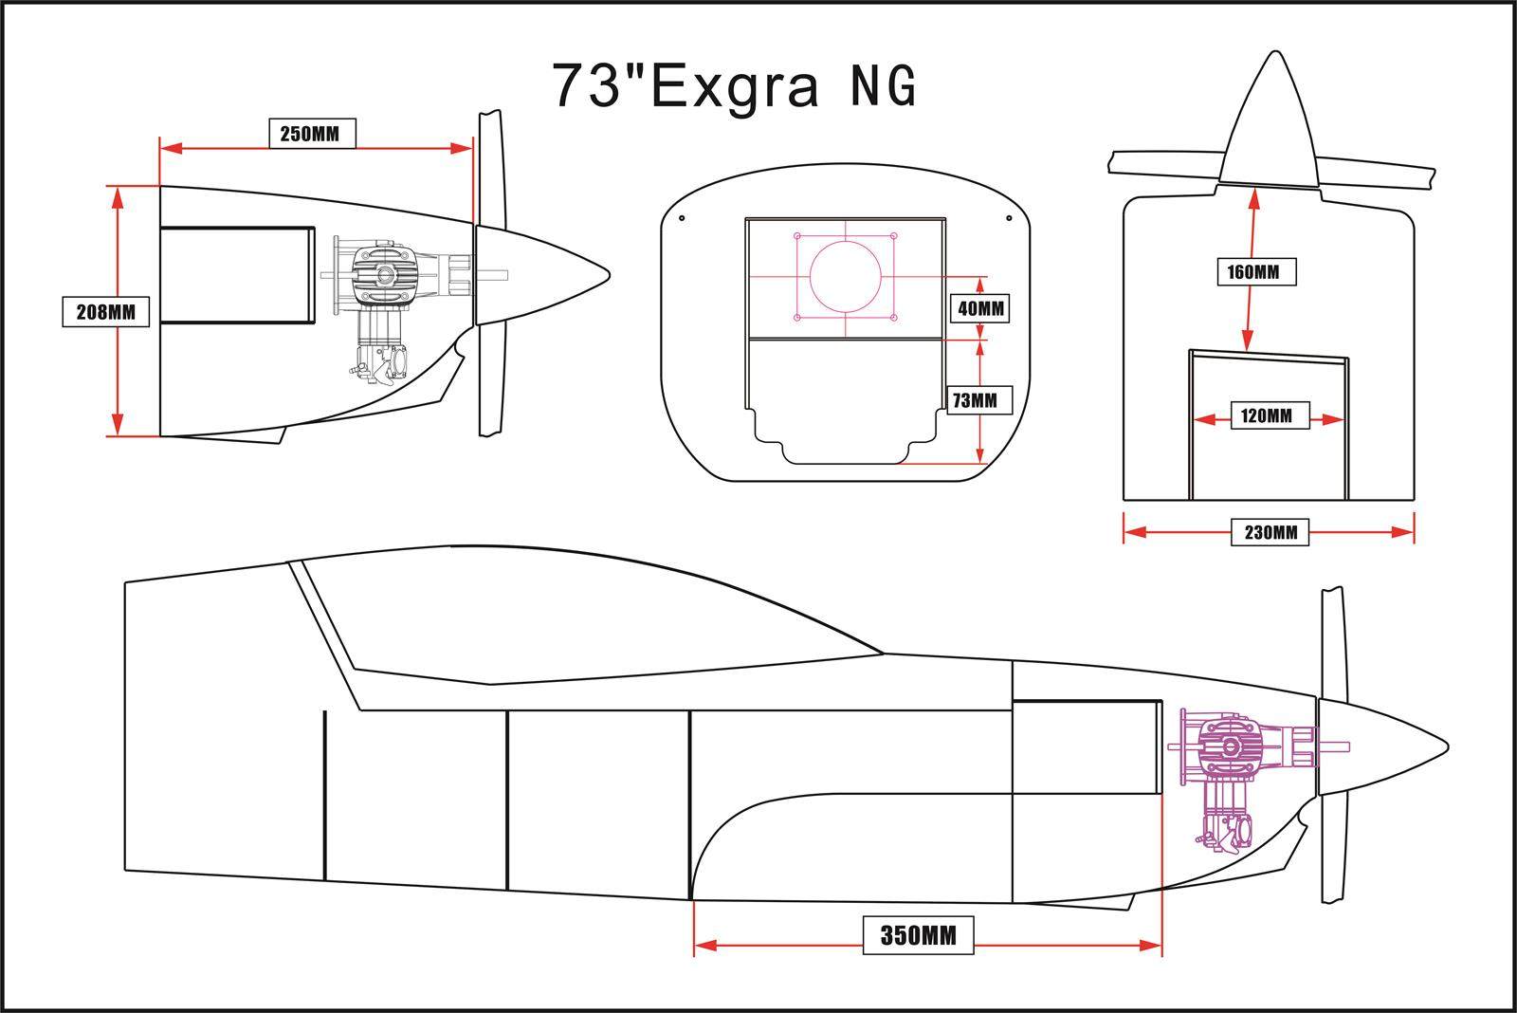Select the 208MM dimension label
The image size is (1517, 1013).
[x=105, y=312]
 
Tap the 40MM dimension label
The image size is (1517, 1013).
[x=980, y=309]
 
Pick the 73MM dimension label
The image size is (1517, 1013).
[x=978, y=400]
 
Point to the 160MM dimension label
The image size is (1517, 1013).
[x=1256, y=271]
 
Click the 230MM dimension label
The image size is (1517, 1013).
[x=1270, y=532]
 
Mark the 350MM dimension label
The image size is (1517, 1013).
[x=918, y=935]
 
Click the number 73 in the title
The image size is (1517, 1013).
[x=587, y=86]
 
